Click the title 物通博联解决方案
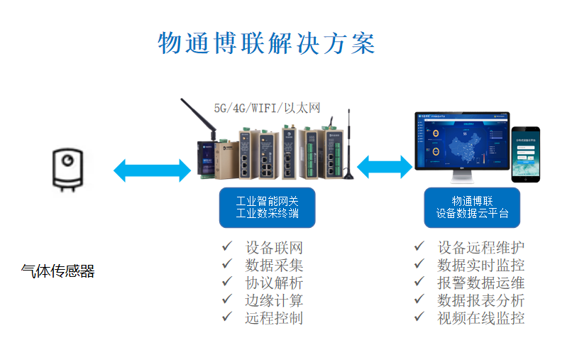(x=266, y=43)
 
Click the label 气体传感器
(x=57, y=271)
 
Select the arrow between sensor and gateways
(x=151, y=170)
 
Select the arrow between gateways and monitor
(x=385, y=167)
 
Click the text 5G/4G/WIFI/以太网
(x=268, y=108)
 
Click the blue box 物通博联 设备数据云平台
(x=472, y=207)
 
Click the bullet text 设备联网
(x=274, y=248)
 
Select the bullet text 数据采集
(x=274, y=265)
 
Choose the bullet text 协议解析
(x=274, y=283)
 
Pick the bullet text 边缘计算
(x=274, y=300)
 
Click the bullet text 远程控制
(x=274, y=317)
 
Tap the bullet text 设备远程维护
(x=481, y=248)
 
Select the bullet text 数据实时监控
(x=481, y=265)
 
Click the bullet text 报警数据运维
(x=481, y=283)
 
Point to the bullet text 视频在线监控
(x=481, y=317)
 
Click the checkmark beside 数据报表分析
(x=420, y=299)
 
